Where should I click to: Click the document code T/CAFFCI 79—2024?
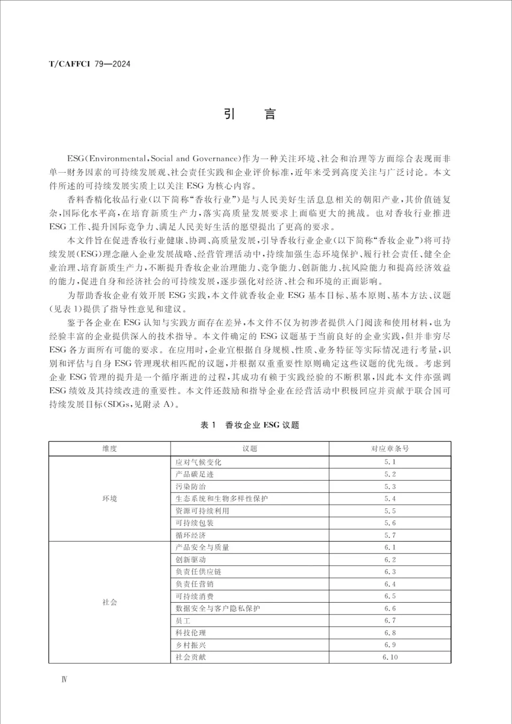(x=90, y=64)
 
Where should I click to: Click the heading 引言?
(x=249, y=114)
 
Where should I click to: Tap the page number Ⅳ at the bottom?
(x=64, y=679)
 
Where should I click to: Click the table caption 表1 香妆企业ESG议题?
(x=249, y=425)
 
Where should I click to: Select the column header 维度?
(x=110, y=449)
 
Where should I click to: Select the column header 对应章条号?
(x=390, y=449)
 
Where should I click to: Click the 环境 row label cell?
(x=110, y=499)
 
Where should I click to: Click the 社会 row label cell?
(x=110, y=602)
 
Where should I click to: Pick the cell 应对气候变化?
(x=198, y=462)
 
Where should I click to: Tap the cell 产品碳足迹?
(x=194, y=474)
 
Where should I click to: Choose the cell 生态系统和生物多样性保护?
(x=221, y=499)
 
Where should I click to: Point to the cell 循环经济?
(x=191, y=535)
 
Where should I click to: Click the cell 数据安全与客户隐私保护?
(x=218, y=608)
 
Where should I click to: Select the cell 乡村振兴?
(x=191, y=645)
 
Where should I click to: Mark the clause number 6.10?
(x=390, y=657)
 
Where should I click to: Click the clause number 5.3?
(x=390, y=486)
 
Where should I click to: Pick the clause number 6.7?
(x=390, y=621)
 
